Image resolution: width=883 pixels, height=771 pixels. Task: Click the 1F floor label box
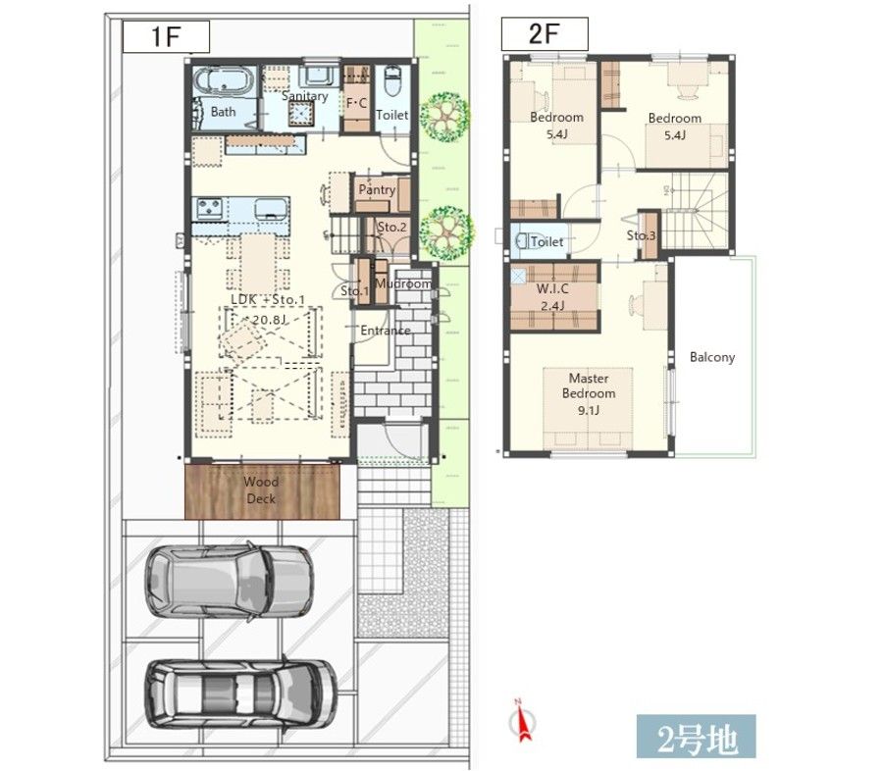click(x=166, y=36)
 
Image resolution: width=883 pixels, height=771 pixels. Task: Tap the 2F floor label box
click(x=545, y=33)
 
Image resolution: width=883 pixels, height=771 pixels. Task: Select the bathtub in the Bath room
click(x=224, y=81)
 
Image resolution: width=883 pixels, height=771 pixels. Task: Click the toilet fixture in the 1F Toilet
click(x=391, y=81)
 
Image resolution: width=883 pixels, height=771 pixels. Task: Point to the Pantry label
click(x=377, y=189)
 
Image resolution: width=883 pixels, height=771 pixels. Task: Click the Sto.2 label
click(x=391, y=227)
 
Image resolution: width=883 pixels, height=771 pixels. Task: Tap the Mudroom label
click(x=403, y=283)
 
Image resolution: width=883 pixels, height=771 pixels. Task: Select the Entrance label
click(x=386, y=331)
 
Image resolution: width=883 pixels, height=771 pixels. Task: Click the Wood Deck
click(x=262, y=491)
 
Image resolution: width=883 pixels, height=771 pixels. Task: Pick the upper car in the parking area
click(x=230, y=582)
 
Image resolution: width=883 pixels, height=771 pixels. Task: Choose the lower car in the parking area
click(x=241, y=694)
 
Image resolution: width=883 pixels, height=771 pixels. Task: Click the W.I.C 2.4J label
click(x=552, y=297)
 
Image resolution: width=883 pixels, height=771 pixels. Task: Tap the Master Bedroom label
click(x=589, y=393)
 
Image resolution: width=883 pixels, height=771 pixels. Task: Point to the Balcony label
click(x=712, y=357)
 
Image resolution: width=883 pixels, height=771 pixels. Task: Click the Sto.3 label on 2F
click(x=641, y=235)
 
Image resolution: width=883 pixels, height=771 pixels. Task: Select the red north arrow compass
click(x=524, y=719)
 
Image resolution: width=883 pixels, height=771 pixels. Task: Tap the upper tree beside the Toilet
click(x=444, y=117)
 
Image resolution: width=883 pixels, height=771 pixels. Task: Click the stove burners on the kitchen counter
click(x=210, y=208)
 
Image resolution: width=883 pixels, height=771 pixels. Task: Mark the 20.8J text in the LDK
click(x=269, y=320)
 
